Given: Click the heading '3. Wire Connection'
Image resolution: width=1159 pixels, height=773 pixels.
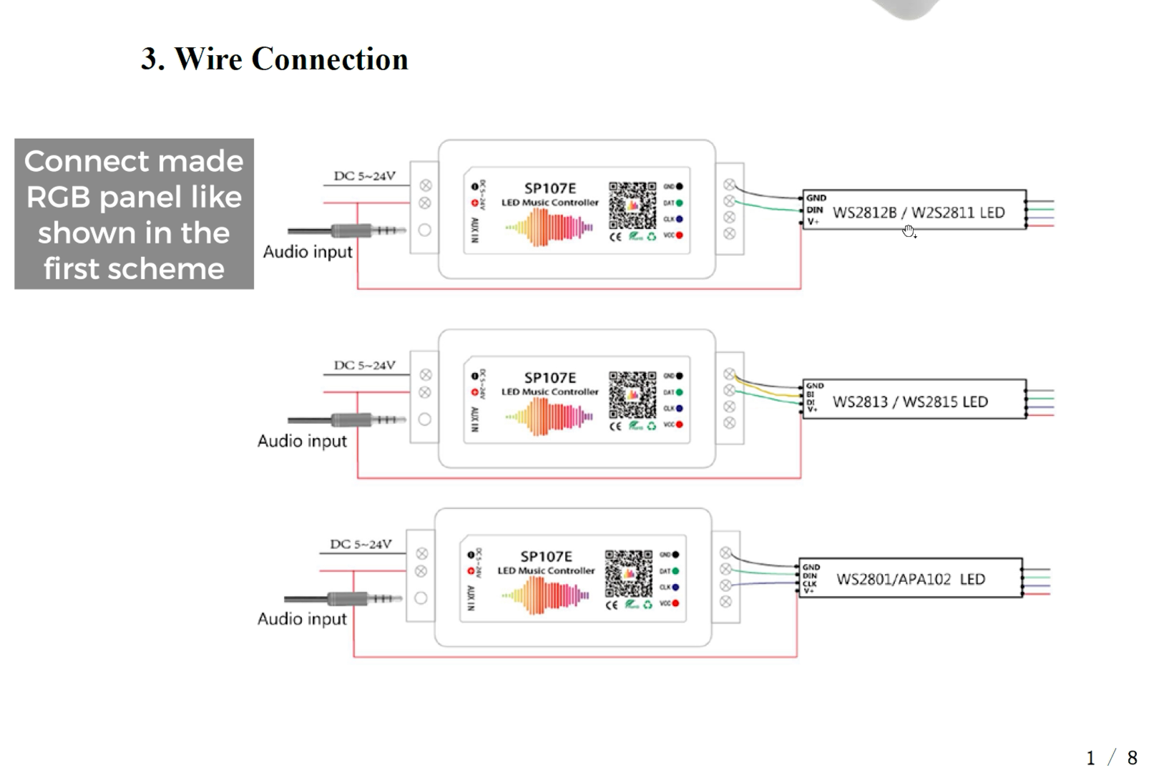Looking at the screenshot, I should pos(275,59).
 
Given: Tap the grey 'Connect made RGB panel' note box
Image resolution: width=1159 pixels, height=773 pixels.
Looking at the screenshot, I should pos(134,214).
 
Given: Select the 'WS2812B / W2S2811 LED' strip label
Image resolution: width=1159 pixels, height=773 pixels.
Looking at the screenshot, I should pos(918,213).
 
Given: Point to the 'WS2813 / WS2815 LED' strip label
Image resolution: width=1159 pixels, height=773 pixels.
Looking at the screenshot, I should pos(910,402).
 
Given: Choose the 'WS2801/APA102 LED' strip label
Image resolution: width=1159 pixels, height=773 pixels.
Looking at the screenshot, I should pos(910,579).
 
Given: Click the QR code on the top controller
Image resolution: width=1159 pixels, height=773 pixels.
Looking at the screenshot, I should pos(632,205).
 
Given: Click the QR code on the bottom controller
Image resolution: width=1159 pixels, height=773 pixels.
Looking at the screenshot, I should pos(628,573).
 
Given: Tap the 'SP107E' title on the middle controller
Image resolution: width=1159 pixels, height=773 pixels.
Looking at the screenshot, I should pos(549,378).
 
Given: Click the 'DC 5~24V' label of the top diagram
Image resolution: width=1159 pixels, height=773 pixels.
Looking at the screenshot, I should pos(364,176).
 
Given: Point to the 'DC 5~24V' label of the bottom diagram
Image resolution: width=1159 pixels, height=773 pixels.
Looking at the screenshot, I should pos(361,544).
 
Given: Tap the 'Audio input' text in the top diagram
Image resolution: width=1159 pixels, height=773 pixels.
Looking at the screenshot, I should pos(308,252).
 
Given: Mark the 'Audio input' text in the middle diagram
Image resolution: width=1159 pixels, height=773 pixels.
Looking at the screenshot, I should pos(302,441).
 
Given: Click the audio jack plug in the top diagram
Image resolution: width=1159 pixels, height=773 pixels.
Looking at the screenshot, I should pos(348,230).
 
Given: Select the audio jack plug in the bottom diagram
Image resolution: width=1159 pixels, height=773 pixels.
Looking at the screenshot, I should pos(344,598).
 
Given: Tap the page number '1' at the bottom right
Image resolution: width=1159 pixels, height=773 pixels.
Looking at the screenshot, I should pos(1090,758).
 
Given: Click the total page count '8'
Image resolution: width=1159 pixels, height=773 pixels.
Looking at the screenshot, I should pos(1132,758).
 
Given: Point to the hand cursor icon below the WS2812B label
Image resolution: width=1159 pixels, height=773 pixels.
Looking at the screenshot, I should pos(909,231).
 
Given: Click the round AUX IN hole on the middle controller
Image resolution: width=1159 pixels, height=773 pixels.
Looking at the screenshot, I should pos(425,419).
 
